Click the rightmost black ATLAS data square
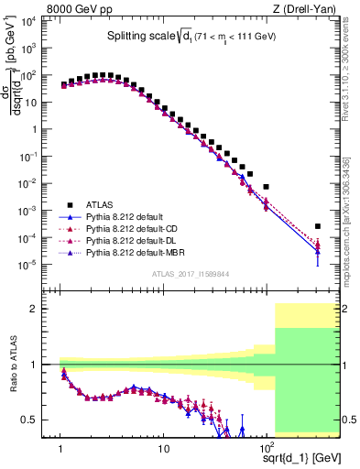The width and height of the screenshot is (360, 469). point(318,226)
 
